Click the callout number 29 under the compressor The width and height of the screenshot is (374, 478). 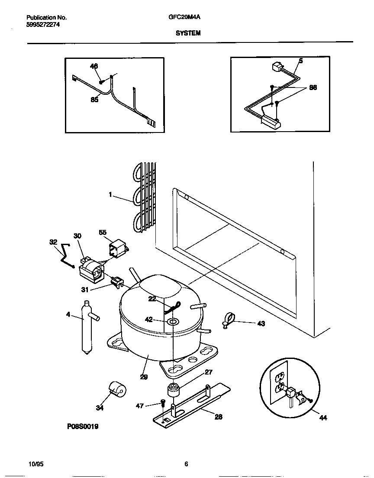click(144, 377)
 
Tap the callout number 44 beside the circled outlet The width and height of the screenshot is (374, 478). click(323, 417)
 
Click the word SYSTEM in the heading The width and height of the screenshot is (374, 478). click(188, 33)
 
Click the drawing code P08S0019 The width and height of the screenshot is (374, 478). click(83, 426)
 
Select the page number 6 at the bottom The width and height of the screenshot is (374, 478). click(186, 464)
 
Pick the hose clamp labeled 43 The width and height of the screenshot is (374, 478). click(229, 321)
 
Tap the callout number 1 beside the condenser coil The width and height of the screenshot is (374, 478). click(111, 195)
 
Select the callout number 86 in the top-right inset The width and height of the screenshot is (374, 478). click(313, 87)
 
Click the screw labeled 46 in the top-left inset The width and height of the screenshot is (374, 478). click(102, 81)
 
